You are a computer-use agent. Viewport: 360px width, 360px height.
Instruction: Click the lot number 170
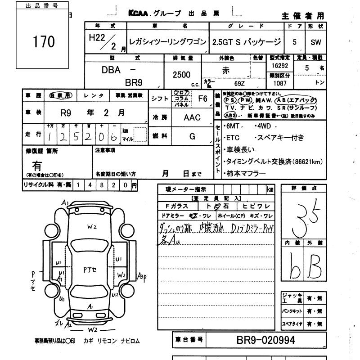(x=44, y=42)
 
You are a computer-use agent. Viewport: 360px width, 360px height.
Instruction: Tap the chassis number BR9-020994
(x=265, y=340)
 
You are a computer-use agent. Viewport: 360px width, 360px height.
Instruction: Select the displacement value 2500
(x=181, y=75)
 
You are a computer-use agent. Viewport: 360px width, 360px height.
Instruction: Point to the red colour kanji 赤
(x=226, y=70)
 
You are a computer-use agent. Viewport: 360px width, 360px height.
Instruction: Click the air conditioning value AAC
(x=192, y=117)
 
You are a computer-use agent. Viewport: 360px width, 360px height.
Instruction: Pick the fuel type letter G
(x=192, y=136)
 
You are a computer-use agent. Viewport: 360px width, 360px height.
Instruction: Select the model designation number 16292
(x=280, y=66)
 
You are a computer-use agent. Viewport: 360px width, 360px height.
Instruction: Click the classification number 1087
(x=280, y=84)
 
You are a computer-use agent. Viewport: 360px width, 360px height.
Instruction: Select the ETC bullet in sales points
(x=233, y=138)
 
